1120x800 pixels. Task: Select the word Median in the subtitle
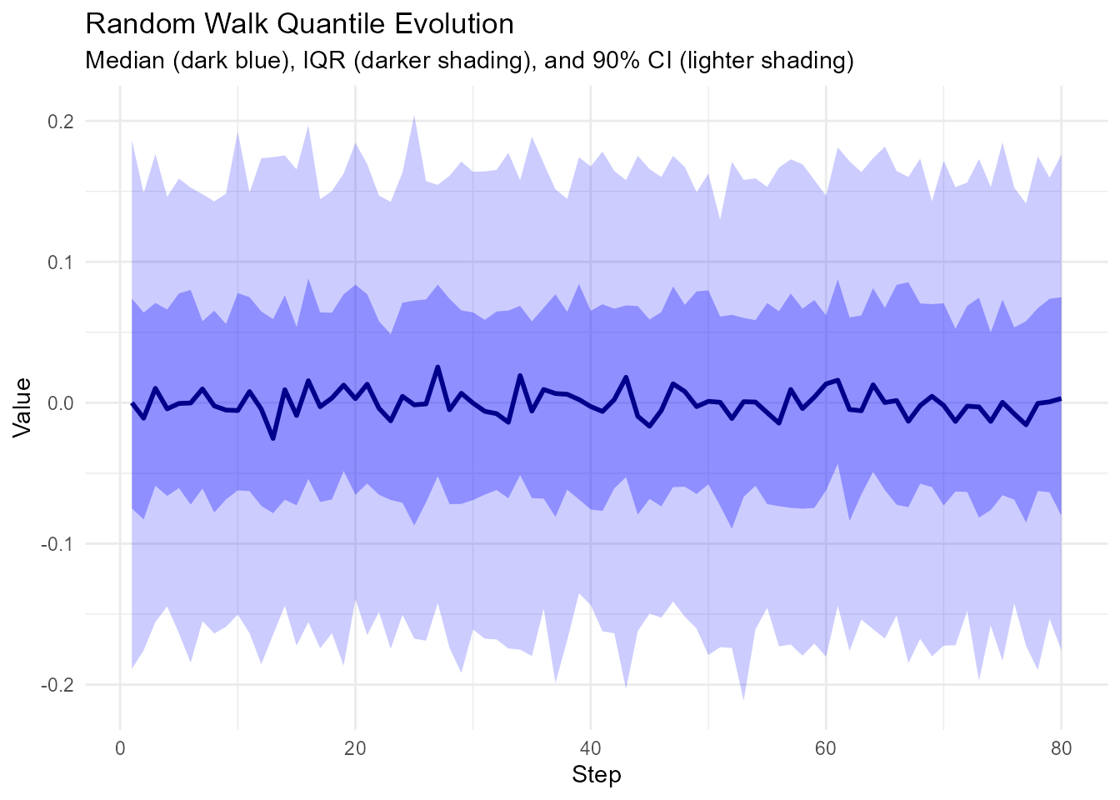126,61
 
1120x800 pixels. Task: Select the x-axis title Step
597,776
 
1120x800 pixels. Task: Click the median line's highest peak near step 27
437,367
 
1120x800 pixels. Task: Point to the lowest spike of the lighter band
743,699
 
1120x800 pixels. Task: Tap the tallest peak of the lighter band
414,116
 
